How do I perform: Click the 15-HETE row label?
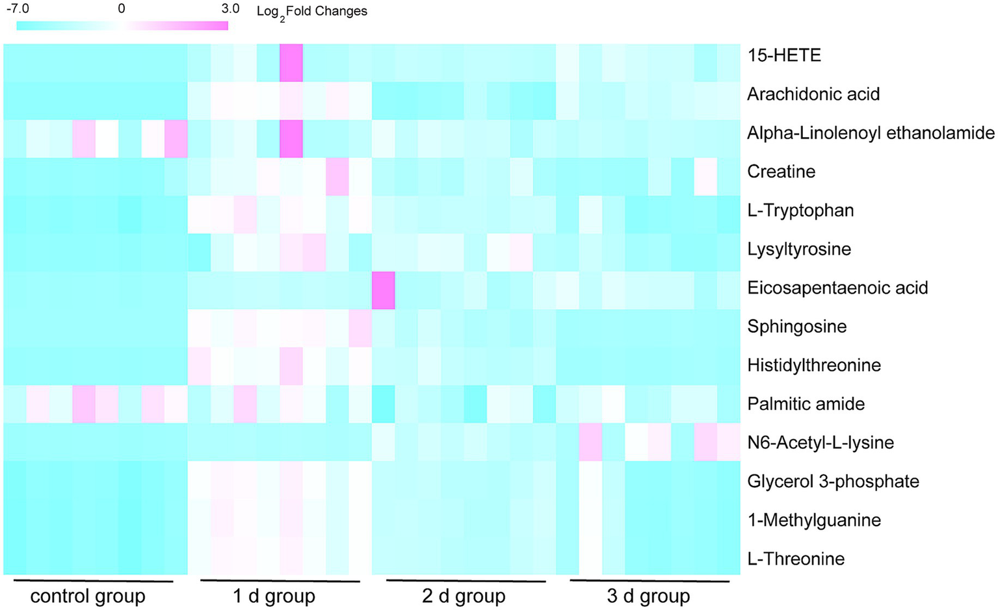[x=783, y=55]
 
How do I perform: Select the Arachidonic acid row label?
[x=813, y=94]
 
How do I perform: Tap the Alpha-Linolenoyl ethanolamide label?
[x=871, y=133]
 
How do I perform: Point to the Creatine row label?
[x=781, y=172]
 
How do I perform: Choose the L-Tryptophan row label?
[x=800, y=210]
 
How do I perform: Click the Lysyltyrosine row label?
[x=798, y=249]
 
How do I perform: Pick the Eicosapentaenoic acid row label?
[x=837, y=288]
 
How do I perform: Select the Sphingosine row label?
[x=796, y=326]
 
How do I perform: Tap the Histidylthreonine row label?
[x=814, y=365]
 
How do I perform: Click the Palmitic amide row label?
[x=806, y=404]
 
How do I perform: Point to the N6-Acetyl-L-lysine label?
[x=821, y=442]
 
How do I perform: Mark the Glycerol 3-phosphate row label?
[x=833, y=481]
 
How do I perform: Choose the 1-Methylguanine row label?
[x=814, y=520]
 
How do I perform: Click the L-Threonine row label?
[x=796, y=559]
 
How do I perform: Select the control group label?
[x=88, y=596]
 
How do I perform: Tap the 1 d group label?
[x=274, y=596]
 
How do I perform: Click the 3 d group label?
[x=648, y=596]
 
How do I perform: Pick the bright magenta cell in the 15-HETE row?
[x=291, y=63]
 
